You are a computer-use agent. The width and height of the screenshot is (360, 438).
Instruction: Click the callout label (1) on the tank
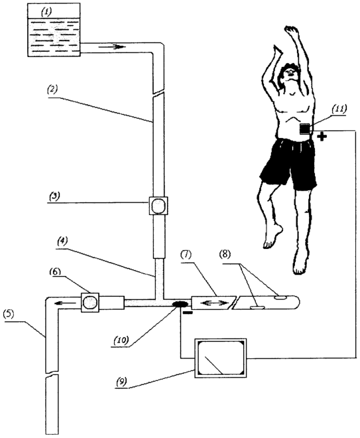point(46,13)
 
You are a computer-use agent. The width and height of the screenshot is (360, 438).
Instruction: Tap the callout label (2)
point(52,90)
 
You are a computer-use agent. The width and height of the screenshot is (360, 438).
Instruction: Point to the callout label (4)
point(62,242)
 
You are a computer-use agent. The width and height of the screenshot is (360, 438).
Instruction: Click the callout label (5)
point(9,314)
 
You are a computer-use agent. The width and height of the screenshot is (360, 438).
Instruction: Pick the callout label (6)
point(56,271)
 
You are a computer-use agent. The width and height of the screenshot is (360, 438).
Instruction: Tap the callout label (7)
point(186,255)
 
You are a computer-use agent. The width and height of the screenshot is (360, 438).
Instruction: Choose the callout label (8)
point(225,255)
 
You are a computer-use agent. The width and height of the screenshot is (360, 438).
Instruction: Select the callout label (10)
point(121,340)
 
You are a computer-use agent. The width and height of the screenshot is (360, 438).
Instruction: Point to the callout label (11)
point(339,108)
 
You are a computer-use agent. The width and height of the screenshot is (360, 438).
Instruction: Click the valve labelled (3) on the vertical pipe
point(158,206)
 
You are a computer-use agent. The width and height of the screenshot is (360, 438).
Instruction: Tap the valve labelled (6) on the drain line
point(90,302)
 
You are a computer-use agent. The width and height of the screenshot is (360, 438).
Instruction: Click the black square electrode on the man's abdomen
point(305,129)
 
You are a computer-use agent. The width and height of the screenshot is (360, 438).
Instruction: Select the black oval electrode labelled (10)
point(180,304)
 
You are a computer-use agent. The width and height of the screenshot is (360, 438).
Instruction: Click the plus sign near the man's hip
point(322,137)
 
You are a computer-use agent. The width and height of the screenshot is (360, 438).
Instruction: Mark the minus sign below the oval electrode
point(188,313)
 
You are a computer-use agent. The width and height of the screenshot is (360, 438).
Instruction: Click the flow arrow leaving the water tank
point(111,46)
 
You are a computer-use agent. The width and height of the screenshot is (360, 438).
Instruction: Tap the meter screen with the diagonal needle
point(220,358)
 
